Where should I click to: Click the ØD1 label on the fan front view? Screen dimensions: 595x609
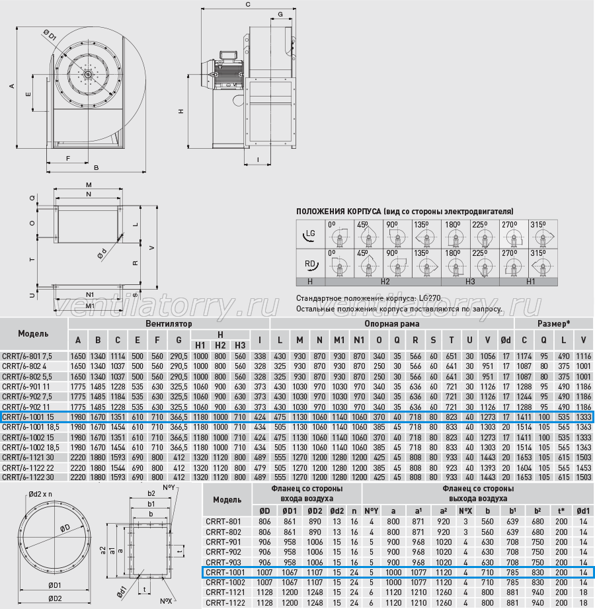tap(50, 35)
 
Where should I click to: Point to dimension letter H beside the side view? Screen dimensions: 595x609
tap(181, 111)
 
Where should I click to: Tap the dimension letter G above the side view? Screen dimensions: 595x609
tap(280, 15)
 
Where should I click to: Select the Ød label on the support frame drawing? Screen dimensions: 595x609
tap(101, 254)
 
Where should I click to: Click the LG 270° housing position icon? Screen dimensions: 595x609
tap(514, 234)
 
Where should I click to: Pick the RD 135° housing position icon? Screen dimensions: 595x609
tap(426, 263)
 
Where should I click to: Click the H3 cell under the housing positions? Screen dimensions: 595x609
tap(470, 282)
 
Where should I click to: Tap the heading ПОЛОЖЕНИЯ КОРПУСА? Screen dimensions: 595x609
tap(338, 212)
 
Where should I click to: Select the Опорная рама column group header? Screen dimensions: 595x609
tap(391, 323)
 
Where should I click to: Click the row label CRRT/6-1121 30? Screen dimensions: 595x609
tap(28, 458)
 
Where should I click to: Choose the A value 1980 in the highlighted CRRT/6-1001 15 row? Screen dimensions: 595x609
tap(77, 417)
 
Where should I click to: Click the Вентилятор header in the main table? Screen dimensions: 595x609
tap(169, 323)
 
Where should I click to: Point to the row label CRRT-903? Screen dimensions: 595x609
tap(223, 562)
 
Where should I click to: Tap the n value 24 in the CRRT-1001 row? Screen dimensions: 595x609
tap(354, 572)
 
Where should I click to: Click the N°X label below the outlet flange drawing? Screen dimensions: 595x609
tap(167, 601)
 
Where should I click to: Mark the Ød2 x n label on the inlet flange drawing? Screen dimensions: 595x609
tap(40, 494)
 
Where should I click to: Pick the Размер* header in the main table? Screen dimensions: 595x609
tap(553, 323)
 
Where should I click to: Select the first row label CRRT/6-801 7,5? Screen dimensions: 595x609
tap(27, 356)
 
